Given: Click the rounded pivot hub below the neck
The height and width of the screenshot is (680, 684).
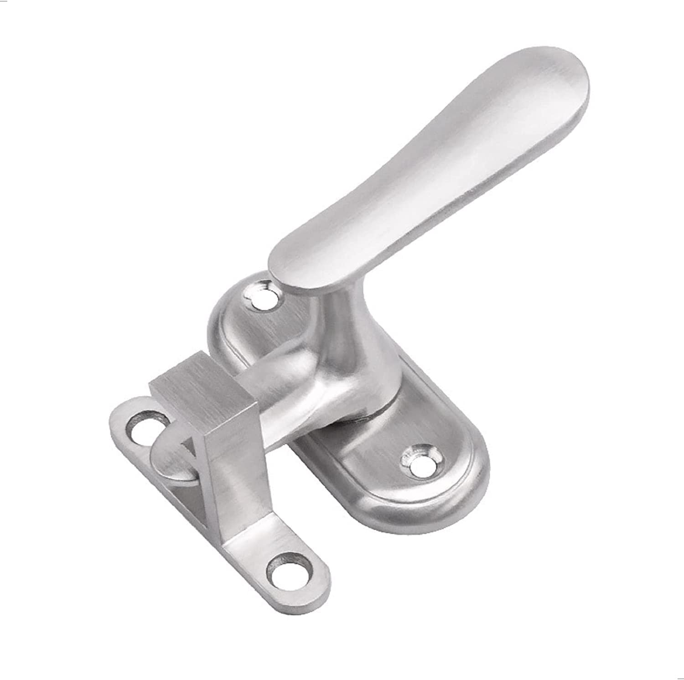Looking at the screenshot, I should coord(347,383).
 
